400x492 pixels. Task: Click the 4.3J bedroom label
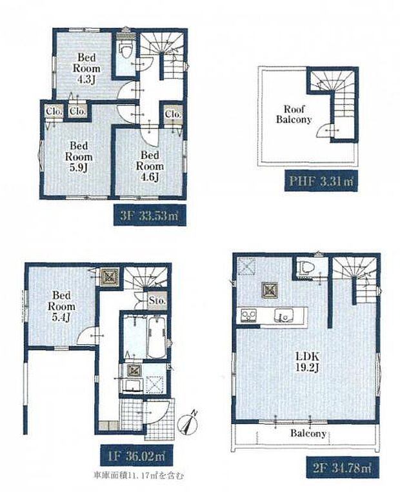86,68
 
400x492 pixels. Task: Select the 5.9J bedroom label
79,157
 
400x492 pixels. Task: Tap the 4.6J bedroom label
150,167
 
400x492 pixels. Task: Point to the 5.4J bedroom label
61,306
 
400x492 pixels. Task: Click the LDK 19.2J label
308,362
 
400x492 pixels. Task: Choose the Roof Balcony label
294,114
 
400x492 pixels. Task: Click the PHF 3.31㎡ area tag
321,181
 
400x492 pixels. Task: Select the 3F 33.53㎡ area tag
150,215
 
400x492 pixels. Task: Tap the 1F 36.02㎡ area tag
137,455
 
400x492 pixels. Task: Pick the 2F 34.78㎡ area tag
343,468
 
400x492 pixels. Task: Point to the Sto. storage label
157,301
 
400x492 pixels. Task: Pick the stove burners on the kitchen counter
248,315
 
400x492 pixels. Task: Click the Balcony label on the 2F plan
308,434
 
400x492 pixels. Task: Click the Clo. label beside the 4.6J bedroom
173,114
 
